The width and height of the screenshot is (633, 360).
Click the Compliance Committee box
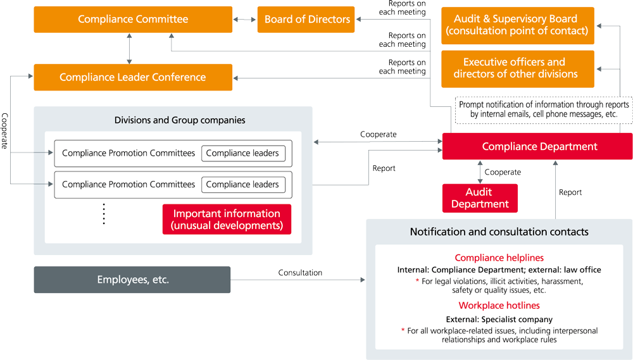[x=133, y=20]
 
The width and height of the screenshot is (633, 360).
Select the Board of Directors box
[x=307, y=20]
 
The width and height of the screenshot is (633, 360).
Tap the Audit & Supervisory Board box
[x=517, y=25]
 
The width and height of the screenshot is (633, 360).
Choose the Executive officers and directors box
[x=517, y=68]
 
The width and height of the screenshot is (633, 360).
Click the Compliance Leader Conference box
[x=133, y=77]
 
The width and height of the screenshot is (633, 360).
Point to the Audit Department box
[x=480, y=198]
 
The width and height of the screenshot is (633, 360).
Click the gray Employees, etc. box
[x=132, y=280]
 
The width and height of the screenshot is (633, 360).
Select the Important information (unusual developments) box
[x=227, y=220]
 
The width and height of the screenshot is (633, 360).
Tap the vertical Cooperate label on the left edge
[x=5, y=131]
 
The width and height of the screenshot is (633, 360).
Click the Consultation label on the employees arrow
[x=300, y=273]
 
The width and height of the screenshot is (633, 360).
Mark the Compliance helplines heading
[x=499, y=258]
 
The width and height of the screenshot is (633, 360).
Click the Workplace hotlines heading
[x=499, y=306]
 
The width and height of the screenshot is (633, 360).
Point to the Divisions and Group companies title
[x=180, y=120]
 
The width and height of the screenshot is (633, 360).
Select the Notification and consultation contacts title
[x=499, y=232]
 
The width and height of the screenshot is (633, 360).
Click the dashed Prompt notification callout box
[x=544, y=109]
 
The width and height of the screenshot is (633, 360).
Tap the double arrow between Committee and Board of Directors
[x=245, y=20]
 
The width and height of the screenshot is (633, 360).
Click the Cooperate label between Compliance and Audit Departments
[x=503, y=172]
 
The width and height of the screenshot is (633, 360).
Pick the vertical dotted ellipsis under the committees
[x=104, y=214]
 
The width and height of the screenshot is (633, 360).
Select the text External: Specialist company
[x=499, y=320]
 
